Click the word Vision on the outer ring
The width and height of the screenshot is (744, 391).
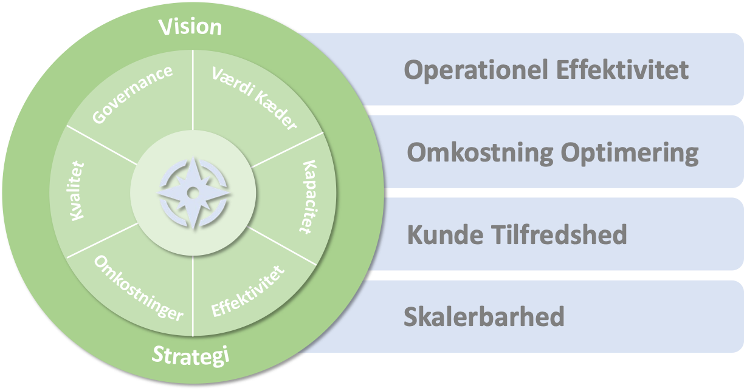pyautogui.click(x=190, y=27)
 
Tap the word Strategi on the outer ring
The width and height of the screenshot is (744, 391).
pyautogui.click(x=190, y=355)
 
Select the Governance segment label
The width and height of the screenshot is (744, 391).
pyautogui.click(x=133, y=94)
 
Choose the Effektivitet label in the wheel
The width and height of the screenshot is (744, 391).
pyautogui.click(x=248, y=291)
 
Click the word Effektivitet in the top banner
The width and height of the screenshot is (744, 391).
pyautogui.click(x=621, y=70)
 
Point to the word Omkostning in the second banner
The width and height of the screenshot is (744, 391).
pyautogui.click(x=480, y=153)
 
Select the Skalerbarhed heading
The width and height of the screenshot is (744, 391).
pyautogui.click(x=484, y=317)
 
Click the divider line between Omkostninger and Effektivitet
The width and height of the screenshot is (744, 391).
pyautogui.click(x=193, y=297)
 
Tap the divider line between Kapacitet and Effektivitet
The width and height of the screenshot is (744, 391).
pyautogui.click(x=283, y=246)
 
